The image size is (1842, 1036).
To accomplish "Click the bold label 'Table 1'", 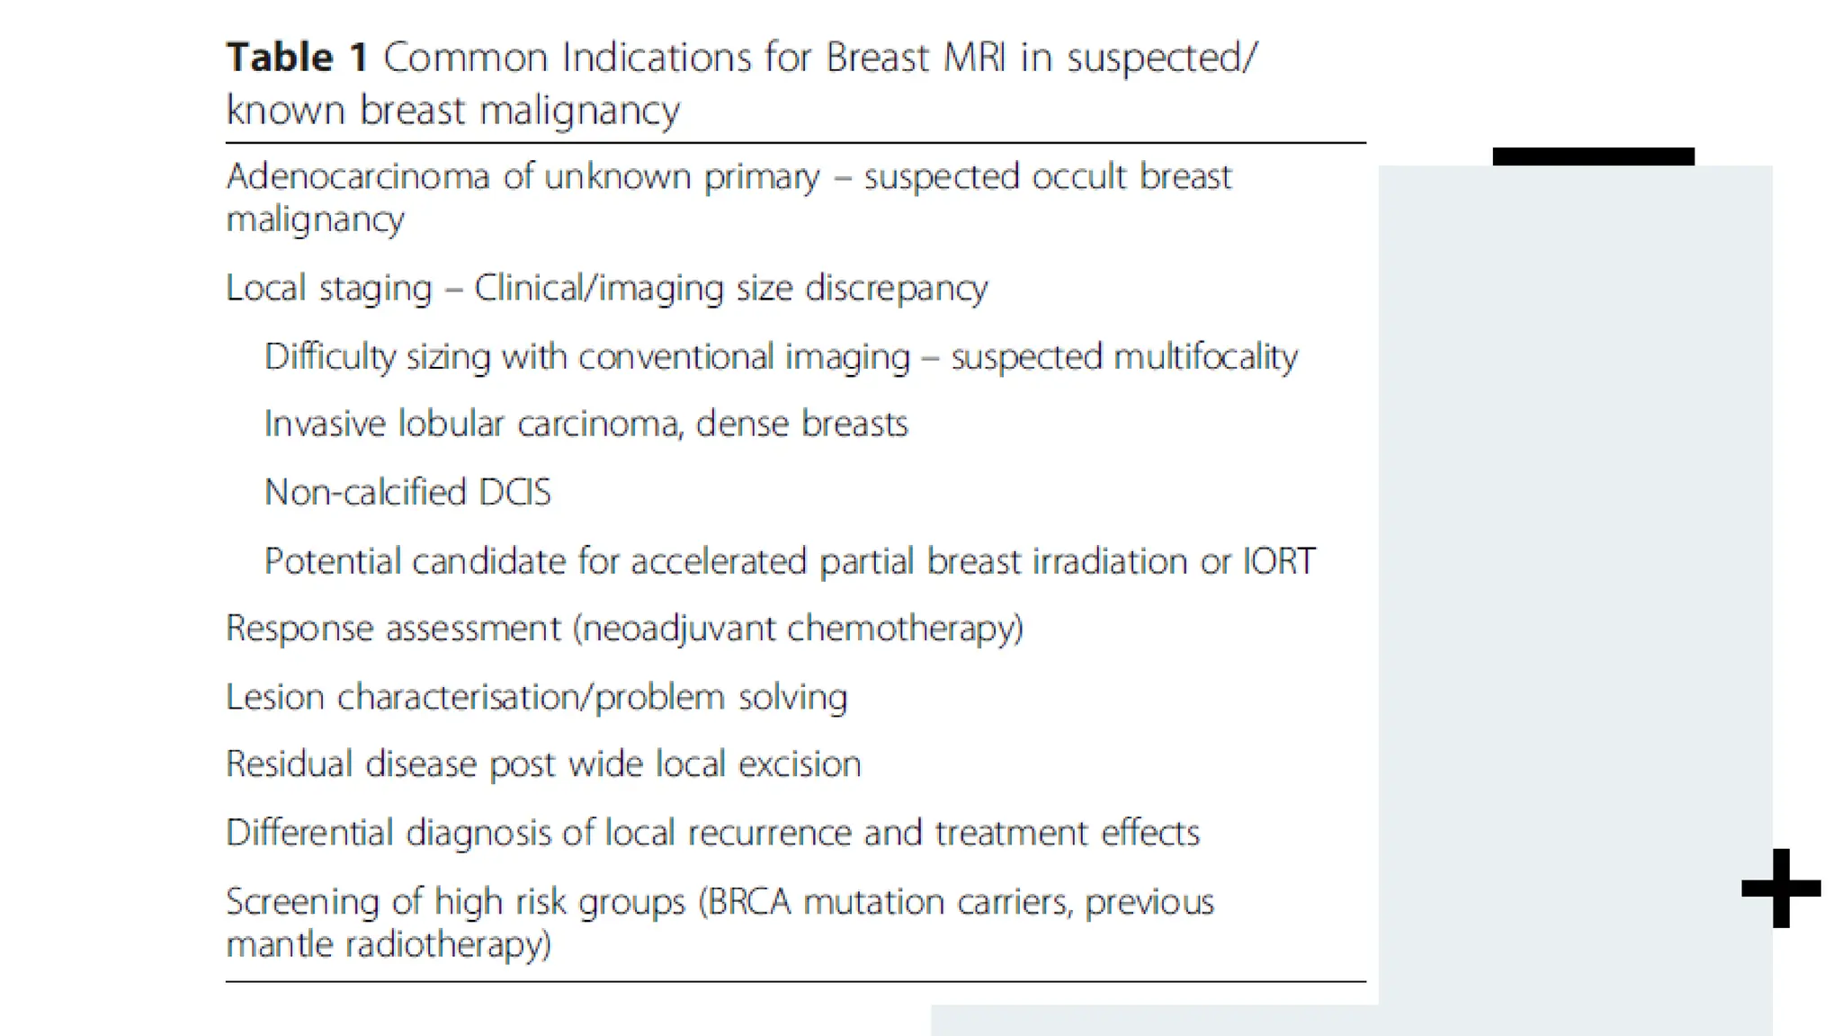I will pos(297,58).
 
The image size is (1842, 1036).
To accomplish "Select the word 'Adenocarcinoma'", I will pos(357,176).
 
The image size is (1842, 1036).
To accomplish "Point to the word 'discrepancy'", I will pos(896,289).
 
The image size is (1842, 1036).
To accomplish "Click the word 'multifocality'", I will pos(1205,357).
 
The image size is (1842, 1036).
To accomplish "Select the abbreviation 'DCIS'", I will pos(514,493).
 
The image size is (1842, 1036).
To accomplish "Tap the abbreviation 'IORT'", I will pos(1278,561).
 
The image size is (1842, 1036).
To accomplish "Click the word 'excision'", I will pos(800,764).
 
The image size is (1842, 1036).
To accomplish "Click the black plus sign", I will pos(1781,889).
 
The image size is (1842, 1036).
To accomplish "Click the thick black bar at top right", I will pos(1593,156).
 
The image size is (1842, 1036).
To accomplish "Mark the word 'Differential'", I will pos(309,833).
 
